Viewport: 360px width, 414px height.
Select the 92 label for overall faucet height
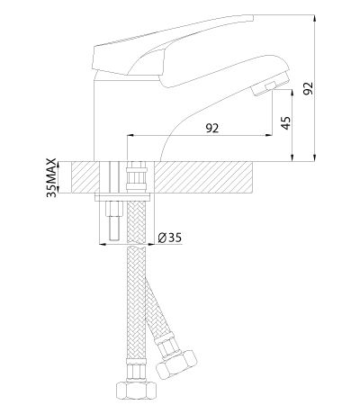(308, 88)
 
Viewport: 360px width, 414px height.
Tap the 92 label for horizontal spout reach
(212, 128)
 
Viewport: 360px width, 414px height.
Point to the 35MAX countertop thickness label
(51, 177)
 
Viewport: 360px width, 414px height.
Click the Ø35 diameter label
(170, 238)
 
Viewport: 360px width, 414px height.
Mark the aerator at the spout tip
(271, 85)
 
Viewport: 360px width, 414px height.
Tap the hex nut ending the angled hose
(176, 363)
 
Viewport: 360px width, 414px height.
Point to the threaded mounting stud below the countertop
(115, 220)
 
